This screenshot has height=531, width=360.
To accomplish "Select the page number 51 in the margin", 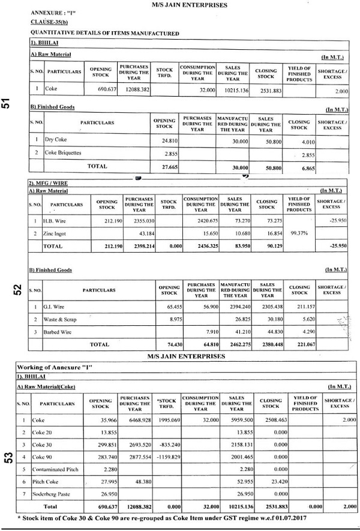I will (x=7, y=103).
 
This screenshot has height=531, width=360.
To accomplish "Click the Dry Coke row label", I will (x=55, y=140).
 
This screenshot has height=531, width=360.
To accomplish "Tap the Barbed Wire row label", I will (x=59, y=331).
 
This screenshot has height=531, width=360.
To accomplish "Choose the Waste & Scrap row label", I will (x=61, y=319).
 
